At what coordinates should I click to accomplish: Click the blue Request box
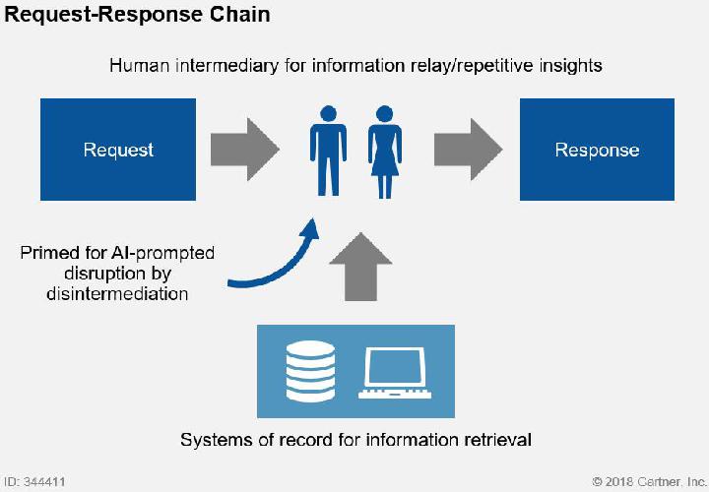coord(118,150)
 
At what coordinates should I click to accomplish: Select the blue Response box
coord(597,150)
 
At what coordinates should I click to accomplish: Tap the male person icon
coord(328,151)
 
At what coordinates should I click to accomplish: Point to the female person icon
coord(385,152)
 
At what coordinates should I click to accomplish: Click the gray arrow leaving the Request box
coord(244,150)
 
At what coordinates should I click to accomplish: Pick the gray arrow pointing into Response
coord(469,150)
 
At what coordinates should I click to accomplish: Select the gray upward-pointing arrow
coord(360,267)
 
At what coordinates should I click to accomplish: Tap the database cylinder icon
coord(310,371)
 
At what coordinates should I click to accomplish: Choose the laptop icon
coord(395,373)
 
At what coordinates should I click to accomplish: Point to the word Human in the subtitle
coord(140,66)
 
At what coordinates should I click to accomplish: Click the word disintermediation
coord(117,294)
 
